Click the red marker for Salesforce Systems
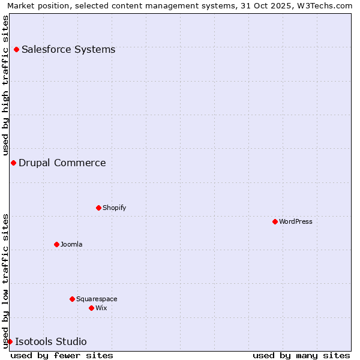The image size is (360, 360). [16, 49]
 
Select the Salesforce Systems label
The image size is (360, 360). [68, 49]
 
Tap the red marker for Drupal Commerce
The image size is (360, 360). [13, 163]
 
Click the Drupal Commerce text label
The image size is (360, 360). [62, 163]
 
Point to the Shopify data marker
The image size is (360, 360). [98, 208]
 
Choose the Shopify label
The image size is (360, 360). [114, 208]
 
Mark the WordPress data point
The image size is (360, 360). [275, 221]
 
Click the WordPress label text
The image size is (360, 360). [296, 221]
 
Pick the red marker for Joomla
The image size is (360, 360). [56, 244]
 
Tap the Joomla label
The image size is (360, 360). [71, 244]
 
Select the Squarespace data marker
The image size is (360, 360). [72, 299]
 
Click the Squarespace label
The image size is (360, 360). [97, 299]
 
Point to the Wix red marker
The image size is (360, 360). [91, 308]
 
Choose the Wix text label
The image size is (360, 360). [101, 308]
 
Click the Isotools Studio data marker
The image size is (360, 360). [10, 341]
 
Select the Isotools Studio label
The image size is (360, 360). [51, 341]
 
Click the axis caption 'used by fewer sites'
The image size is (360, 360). [62, 355]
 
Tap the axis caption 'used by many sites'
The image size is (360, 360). [301, 355]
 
